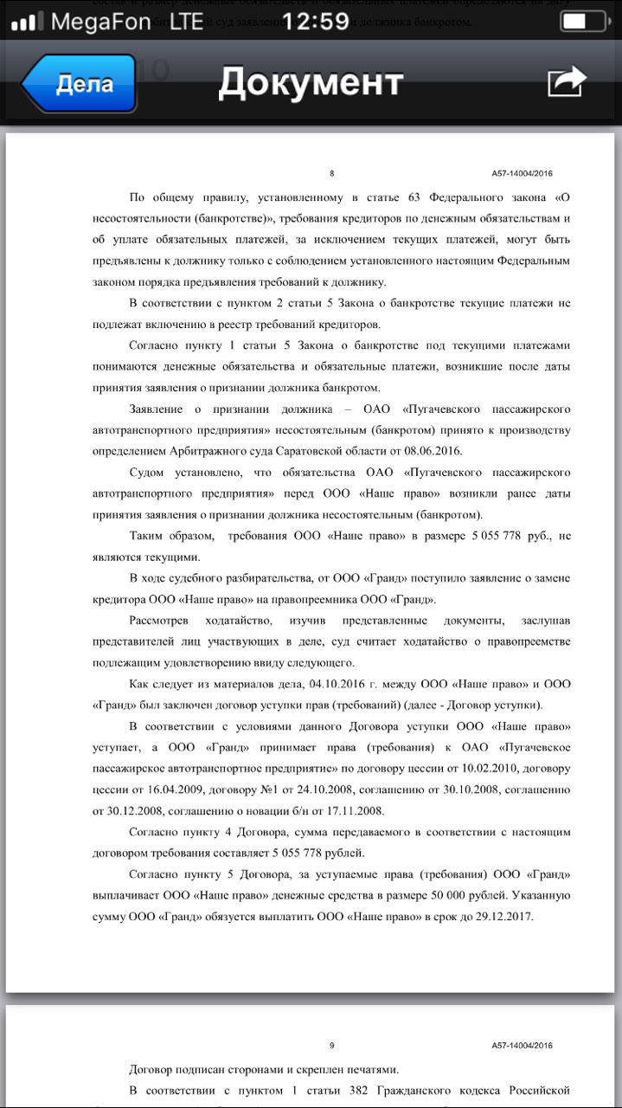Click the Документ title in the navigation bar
pos(311,82)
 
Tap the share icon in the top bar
pos(567,82)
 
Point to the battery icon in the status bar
pos(581,21)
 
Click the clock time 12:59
pos(315,21)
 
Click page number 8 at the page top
pos(332,173)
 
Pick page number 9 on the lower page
pos(332,1045)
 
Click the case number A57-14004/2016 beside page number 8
pos(523,173)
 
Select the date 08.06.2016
pos(432,451)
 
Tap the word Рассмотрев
pos(161,621)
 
